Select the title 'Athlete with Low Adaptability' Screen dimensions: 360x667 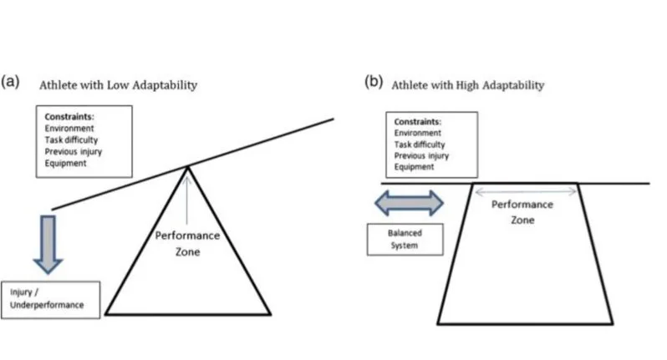[x=115, y=85]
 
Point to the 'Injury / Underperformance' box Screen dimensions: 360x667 [x=52, y=299]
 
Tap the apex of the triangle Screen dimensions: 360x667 [x=188, y=167]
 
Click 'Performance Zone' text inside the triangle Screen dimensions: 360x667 [x=188, y=243]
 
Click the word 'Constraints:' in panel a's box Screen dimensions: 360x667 [x=65, y=118]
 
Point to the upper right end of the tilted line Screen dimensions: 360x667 [x=333, y=119]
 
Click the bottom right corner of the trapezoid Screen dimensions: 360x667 [x=613, y=322]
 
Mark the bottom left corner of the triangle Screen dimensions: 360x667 [x=106, y=314]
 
